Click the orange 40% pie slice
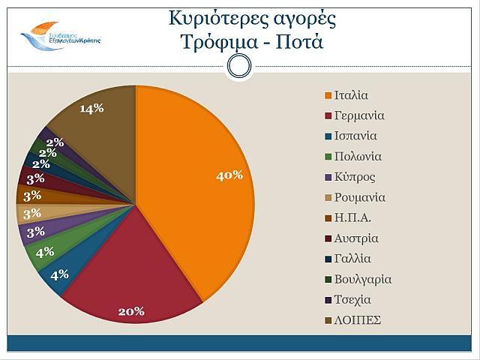(199, 202)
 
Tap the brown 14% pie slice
(97, 127)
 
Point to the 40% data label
(229, 175)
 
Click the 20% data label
(130, 311)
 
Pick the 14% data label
(91, 109)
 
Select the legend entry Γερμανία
(359, 116)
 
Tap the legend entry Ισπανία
(355, 136)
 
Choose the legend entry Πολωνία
(358, 157)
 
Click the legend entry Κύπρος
(355, 177)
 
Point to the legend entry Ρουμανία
(360, 197)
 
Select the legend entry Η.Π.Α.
(352, 218)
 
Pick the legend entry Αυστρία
(356, 238)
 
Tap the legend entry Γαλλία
(352, 259)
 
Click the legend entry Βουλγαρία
(363, 279)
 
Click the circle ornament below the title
(238, 67)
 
